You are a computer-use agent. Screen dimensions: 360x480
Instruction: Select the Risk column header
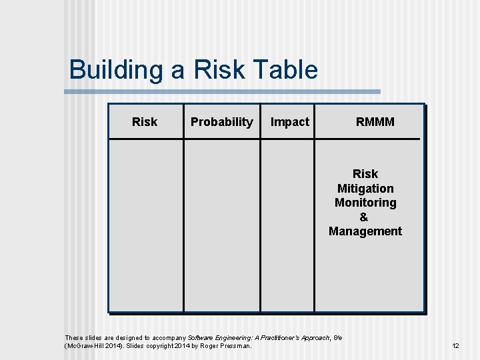pyautogui.click(x=145, y=122)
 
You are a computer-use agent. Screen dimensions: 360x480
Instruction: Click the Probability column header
pyautogui.click(x=221, y=122)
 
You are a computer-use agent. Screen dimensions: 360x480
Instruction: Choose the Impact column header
pyautogui.click(x=289, y=122)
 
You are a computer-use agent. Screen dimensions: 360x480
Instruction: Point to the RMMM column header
pyautogui.click(x=375, y=122)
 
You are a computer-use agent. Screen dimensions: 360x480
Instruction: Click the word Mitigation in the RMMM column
pyautogui.click(x=365, y=189)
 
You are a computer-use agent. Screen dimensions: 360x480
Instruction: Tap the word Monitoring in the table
pyautogui.click(x=365, y=203)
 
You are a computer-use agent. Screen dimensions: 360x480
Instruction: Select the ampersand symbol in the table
pyautogui.click(x=363, y=217)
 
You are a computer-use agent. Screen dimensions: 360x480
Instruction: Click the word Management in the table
pyautogui.click(x=365, y=232)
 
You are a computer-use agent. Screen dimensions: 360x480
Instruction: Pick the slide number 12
pyautogui.click(x=455, y=346)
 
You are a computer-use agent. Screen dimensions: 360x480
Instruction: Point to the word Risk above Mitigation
pyautogui.click(x=365, y=174)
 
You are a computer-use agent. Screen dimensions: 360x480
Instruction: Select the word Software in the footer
pyautogui.click(x=201, y=338)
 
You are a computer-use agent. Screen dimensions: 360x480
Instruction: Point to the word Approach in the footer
pyautogui.click(x=315, y=338)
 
